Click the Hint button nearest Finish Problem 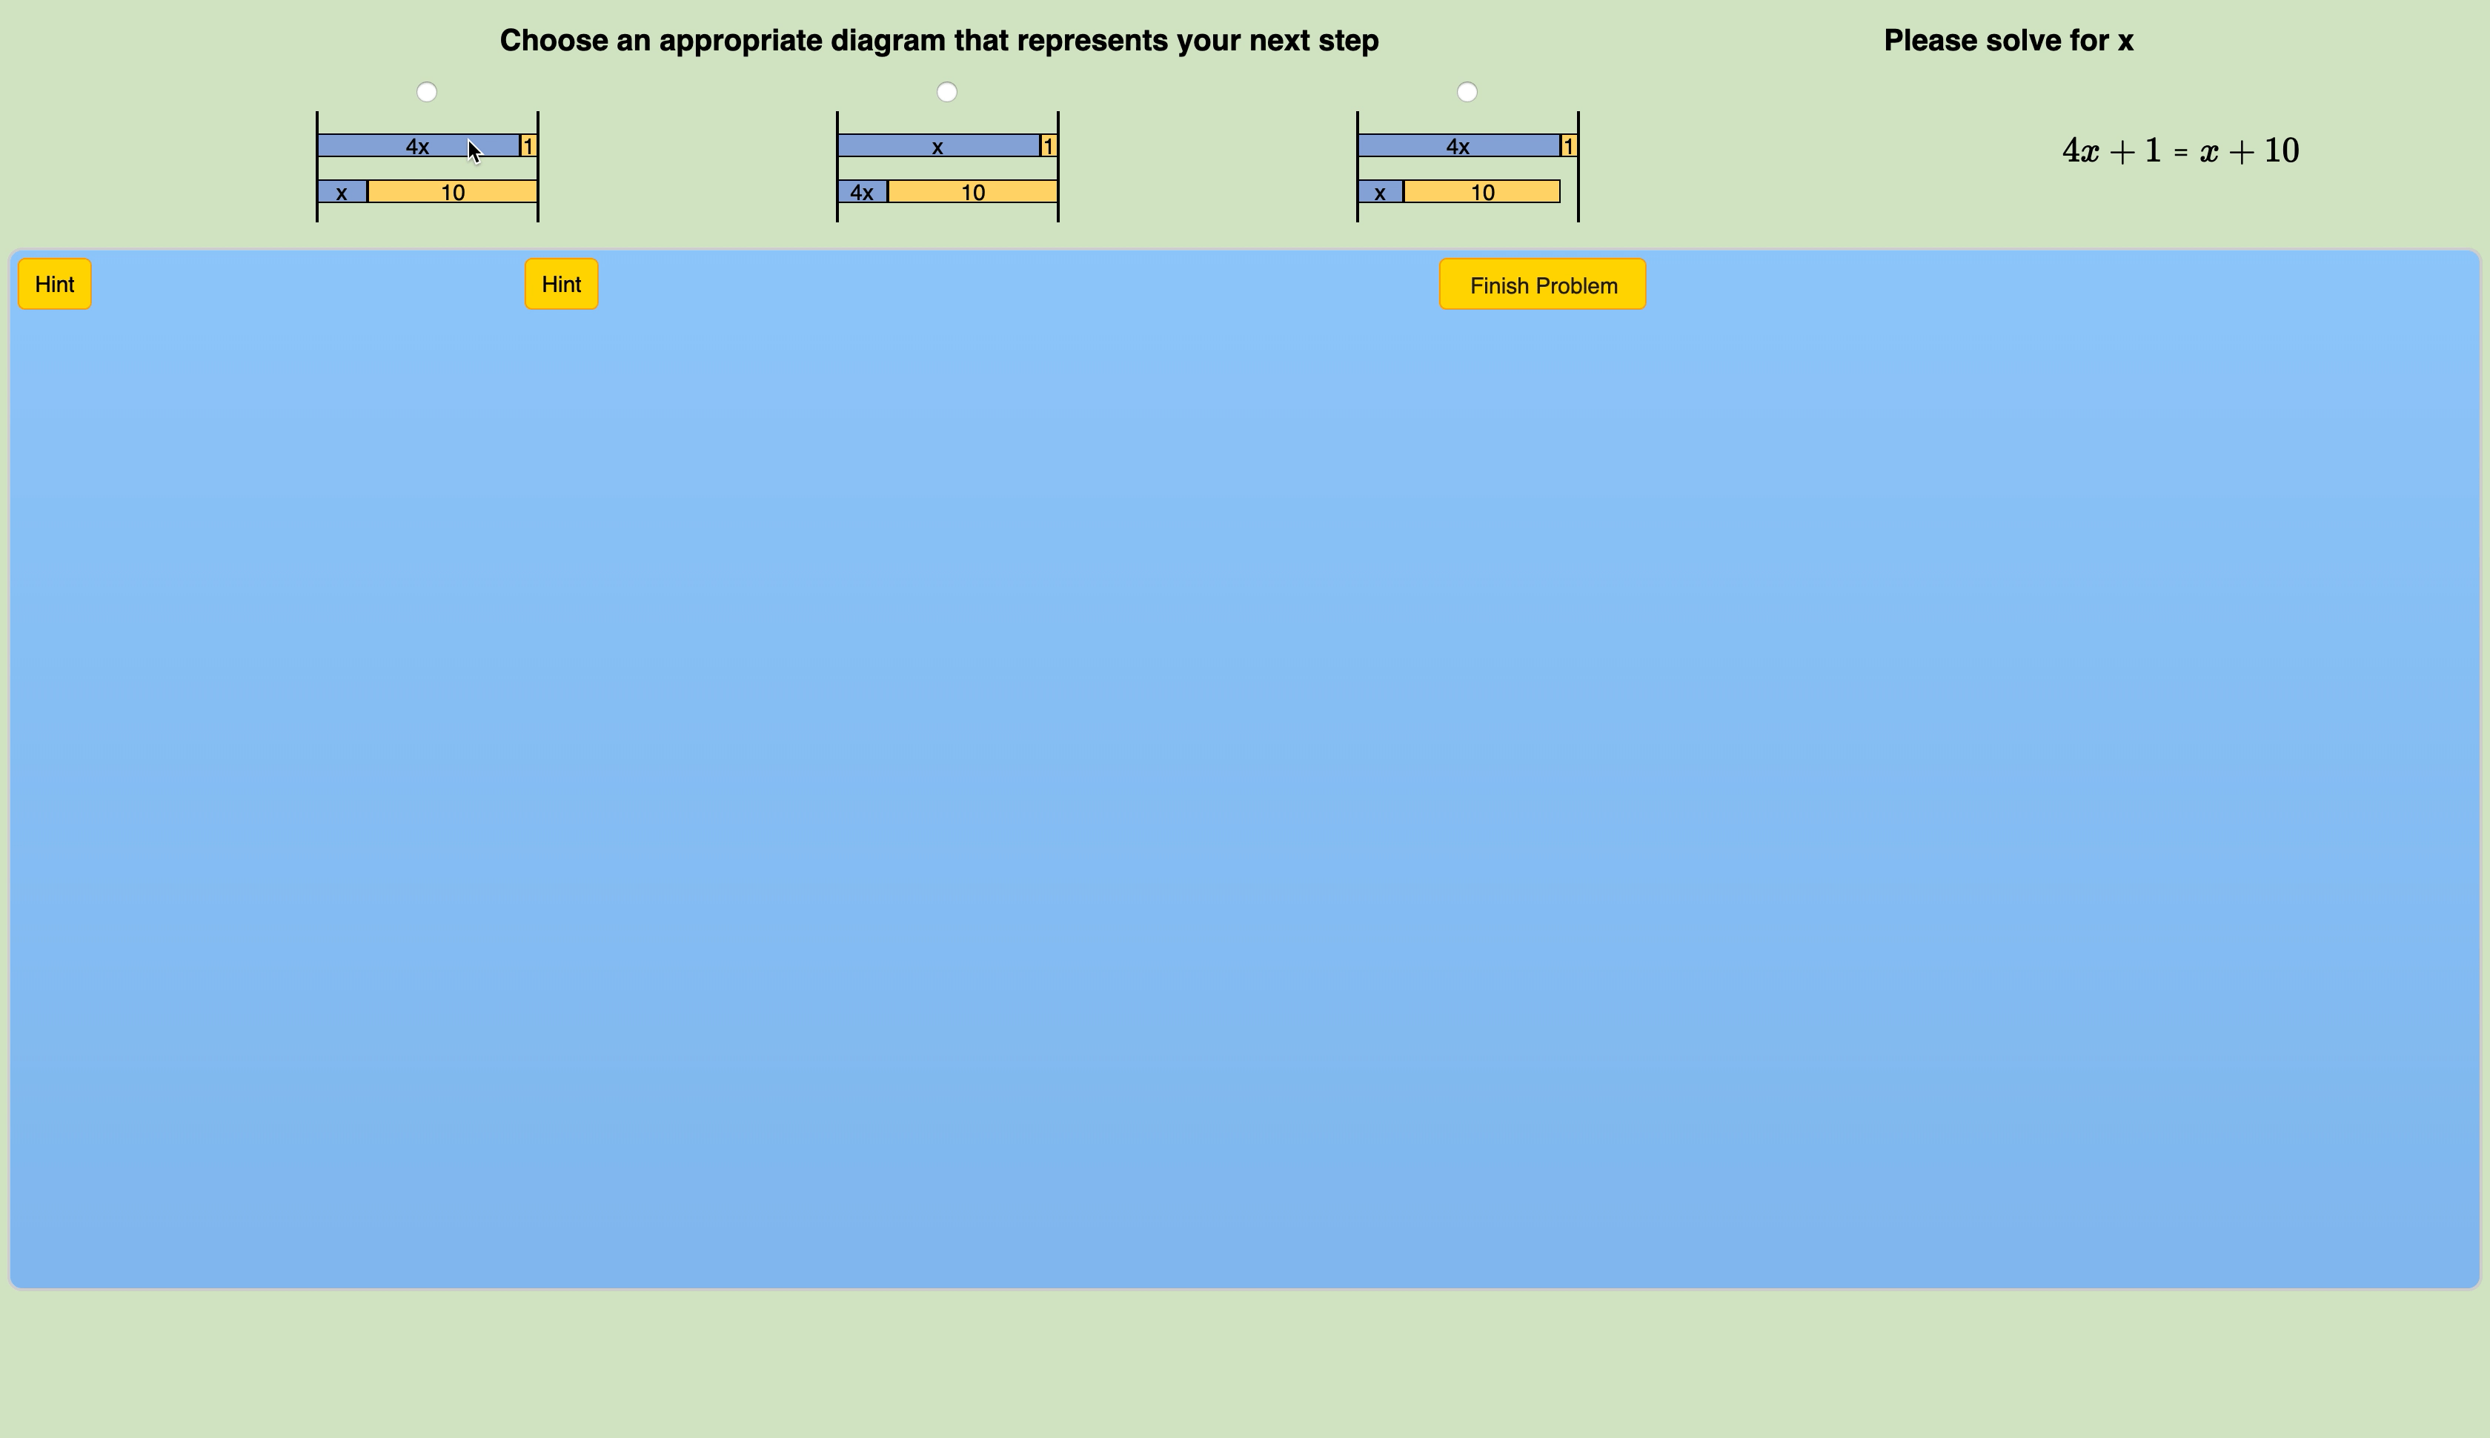[561, 285]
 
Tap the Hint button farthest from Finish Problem [54, 285]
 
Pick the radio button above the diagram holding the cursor [427, 92]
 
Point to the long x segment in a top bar [938, 146]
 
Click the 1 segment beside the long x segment [1049, 146]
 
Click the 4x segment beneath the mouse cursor [418, 146]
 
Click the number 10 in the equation [2282, 151]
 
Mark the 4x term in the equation [2080, 151]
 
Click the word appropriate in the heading [740, 41]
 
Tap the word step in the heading [1347, 41]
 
